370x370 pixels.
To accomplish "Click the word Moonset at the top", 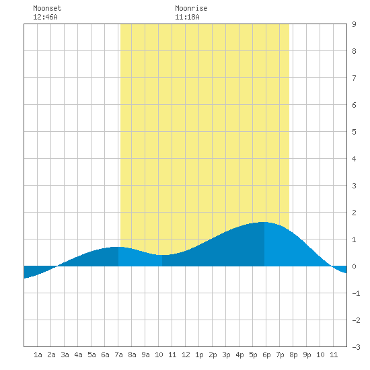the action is pos(47,8).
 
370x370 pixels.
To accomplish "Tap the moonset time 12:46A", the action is pos(45,17).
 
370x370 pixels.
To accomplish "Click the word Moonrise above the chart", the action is pos(191,8).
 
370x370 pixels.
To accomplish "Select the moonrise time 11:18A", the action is pos(187,17).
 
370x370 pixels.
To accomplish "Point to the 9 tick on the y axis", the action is pos(354,24).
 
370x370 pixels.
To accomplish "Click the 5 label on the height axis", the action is pos(354,132).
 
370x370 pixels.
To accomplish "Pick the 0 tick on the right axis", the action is pos(354,266).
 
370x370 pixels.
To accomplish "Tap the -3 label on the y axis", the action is pos(356,347).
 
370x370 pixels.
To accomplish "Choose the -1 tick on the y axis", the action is pos(356,293).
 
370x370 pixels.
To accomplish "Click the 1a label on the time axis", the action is pos(38,355).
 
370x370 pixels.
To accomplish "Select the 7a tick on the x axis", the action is pos(118,355).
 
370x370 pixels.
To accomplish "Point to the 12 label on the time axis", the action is pos(186,355).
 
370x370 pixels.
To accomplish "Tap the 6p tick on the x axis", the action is pos(266,355).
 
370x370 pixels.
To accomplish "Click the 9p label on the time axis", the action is pos(307,355).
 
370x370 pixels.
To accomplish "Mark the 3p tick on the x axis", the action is pos(226,355).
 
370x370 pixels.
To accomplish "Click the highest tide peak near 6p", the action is pos(263,222).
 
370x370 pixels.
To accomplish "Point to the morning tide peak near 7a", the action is pos(118,247).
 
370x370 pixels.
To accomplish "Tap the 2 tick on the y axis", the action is pos(354,213).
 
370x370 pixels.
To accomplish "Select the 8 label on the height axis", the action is pos(354,51).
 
